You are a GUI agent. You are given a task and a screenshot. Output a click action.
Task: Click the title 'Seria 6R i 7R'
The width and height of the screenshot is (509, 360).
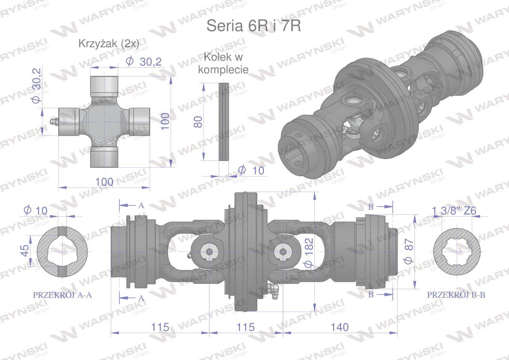pyautogui.click(x=254, y=26)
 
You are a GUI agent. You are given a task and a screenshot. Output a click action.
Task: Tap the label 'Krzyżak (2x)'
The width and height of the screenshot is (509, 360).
pyautogui.click(x=109, y=43)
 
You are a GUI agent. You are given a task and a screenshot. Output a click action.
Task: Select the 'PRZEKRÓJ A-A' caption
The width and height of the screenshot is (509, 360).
pyautogui.click(x=63, y=295)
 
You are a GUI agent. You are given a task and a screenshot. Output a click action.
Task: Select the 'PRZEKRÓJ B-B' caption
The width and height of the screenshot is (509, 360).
pyautogui.click(x=456, y=295)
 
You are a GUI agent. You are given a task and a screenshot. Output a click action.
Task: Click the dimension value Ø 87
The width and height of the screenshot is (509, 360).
pyautogui.click(x=409, y=251)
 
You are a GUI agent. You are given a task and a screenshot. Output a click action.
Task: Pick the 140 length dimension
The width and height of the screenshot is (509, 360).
pyautogui.click(x=340, y=327)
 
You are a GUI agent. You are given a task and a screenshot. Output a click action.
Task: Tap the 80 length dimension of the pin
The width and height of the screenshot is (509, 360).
pyautogui.click(x=198, y=122)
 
